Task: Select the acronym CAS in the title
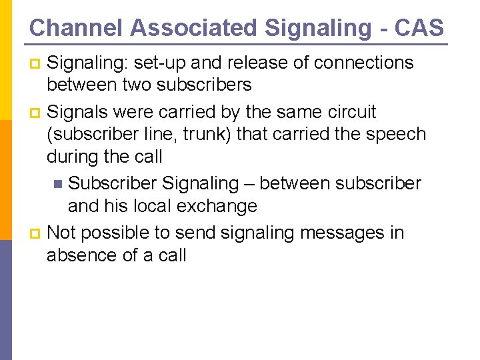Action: tap(419, 28)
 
